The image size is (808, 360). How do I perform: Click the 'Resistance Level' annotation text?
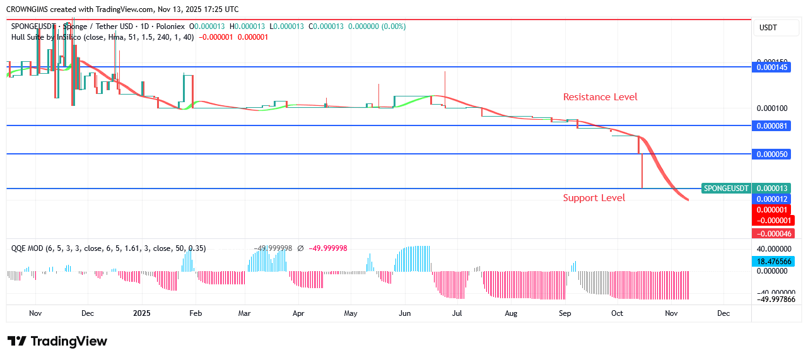click(600, 97)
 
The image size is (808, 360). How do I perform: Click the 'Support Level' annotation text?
click(594, 198)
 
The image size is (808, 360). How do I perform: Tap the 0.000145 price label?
click(773, 67)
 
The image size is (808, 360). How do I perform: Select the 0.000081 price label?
click(773, 125)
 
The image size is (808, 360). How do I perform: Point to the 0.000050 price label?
click(773, 154)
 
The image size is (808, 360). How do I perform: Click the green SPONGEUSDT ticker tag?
click(726, 189)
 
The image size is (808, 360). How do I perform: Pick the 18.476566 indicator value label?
click(773, 261)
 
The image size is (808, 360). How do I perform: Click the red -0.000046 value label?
click(773, 233)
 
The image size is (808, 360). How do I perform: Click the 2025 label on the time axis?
click(142, 313)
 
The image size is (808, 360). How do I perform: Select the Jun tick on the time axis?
click(405, 313)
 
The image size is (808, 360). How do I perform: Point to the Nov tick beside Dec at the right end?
click(671, 313)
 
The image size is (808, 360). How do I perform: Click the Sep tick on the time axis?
click(565, 313)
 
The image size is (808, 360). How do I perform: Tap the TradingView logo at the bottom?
click(57, 341)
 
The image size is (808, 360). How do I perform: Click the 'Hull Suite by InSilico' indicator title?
click(51, 37)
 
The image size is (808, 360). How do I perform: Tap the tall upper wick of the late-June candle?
click(445, 82)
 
